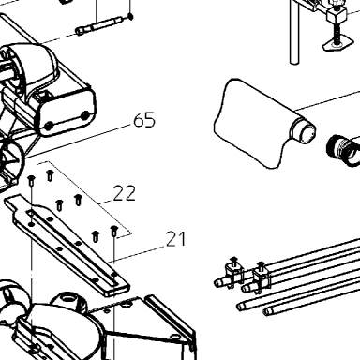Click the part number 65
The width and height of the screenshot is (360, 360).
(x=144, y=120)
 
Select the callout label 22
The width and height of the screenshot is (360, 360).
(x=125, y=193)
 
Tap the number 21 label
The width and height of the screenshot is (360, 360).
(x=175, y=239)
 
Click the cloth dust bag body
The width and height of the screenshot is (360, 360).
(x=250, y=125)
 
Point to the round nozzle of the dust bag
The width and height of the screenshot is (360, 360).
(x=303, y=129)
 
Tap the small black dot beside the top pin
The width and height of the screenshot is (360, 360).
(x=130, y=16)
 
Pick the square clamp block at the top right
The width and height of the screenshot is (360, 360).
(x=336, y=14)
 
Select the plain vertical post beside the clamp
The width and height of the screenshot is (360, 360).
(x=294, y=31)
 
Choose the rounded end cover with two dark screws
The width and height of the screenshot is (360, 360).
(x=67, y=114)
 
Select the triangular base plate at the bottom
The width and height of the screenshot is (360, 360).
(x=147, y=325)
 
